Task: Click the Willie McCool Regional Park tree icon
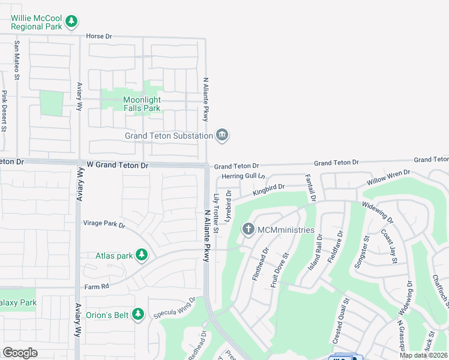(x=71, y=22)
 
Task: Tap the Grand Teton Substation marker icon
(x=222, y=134)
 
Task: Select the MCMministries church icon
(x=249, y=229)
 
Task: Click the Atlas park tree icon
(x=142, y=255)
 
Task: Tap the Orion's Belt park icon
(x=138, y=314)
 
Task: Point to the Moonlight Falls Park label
(x=142, y=104)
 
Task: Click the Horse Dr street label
(x=99, y=36)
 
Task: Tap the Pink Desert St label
(x=4, y=110)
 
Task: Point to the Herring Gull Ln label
(x=243, y=176)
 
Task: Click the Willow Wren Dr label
(x=388, y=176)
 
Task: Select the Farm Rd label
(x=96, y=286)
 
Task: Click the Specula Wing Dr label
(x=175, y=308)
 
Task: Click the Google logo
(x=20, y=352)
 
